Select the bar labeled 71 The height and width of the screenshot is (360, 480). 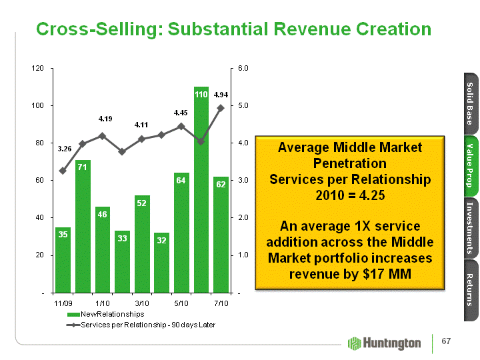click(x=83, y=227)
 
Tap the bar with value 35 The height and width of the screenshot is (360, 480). click(x=63, y=260)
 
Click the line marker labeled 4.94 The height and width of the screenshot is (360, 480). click(x=221, y=107)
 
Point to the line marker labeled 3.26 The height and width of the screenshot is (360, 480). click(x=63, y=171)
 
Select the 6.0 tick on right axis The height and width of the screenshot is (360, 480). click(x=243, y=68)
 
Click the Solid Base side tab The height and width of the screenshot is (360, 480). click(x=469, y=103)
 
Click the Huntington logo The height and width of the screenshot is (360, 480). click(x=385, y=343)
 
